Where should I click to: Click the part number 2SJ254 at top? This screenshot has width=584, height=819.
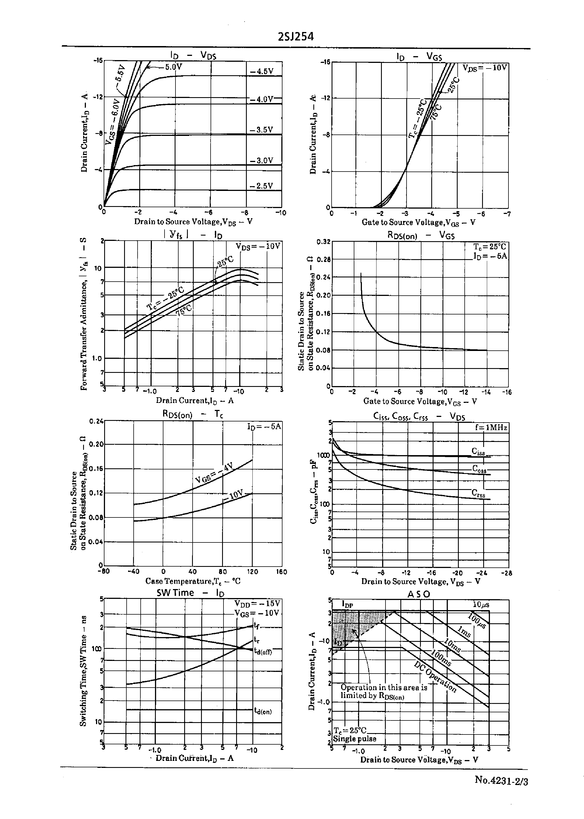pyautogui.click(x=296, y=37)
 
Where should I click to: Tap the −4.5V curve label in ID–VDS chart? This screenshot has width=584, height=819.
pyautogui.click(x=262, y=71)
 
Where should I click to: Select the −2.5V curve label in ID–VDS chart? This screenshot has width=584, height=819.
pyautogui.click(x=261, y=186)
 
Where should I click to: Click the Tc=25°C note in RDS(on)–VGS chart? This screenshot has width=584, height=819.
pyautogui.click(x=489, y=247)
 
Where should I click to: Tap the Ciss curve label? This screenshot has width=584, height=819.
pyautogui.click(x=478, y=451)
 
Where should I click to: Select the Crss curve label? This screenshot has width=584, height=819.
pyautogui.click(x=478, y=494)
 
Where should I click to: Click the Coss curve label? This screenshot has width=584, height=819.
pyautogui.click(x=479, y=469)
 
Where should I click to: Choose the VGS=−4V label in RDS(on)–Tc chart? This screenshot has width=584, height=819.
pyautogui.click(x=214, y=473)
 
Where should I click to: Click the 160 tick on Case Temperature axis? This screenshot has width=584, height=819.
pyautogui.click(x=281, y=572)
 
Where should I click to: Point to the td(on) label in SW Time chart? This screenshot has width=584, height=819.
pyautogui.click(x=263, y=711)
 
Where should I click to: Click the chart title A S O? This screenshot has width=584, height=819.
pyautogui.click(x=419, y=594)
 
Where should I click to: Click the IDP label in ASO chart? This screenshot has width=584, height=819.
pyautogui.click(x=347, y=604)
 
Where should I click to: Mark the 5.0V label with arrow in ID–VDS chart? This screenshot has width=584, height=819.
pyautogui.click(x=173, y=67)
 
